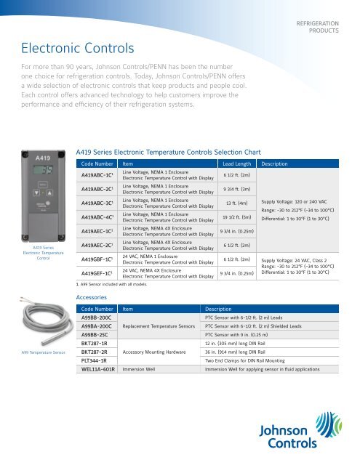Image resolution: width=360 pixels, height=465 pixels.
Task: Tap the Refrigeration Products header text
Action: point(317,28)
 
